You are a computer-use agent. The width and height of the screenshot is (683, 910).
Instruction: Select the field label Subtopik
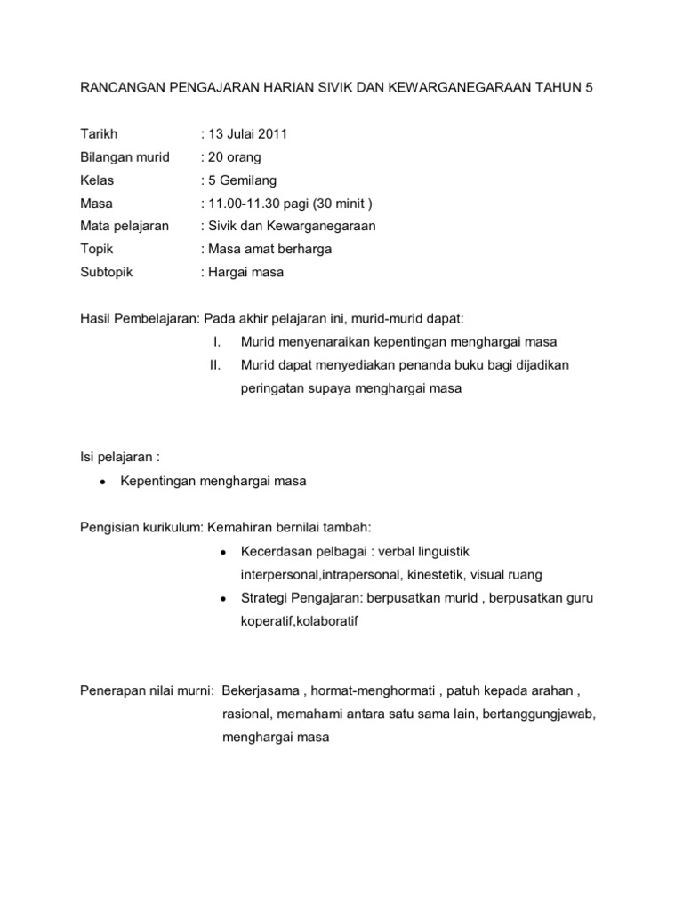pos(107,273)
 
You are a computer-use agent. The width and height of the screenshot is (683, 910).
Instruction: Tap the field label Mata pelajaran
pos(125,227)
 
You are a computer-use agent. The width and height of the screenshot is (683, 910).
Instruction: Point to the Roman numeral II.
pos(213,365)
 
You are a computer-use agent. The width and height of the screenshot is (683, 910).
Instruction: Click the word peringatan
pos(274,388)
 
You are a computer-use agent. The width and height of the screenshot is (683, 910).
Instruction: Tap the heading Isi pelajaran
pos(117,458)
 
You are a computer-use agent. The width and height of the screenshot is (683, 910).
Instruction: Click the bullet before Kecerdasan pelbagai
pos(221,551)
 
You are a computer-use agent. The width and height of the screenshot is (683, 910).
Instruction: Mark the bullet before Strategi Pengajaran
pos(221,598)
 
